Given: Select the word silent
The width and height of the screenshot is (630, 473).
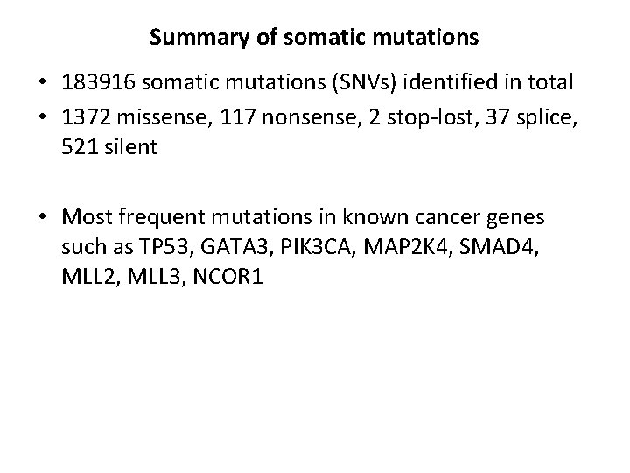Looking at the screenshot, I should point(129,147).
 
